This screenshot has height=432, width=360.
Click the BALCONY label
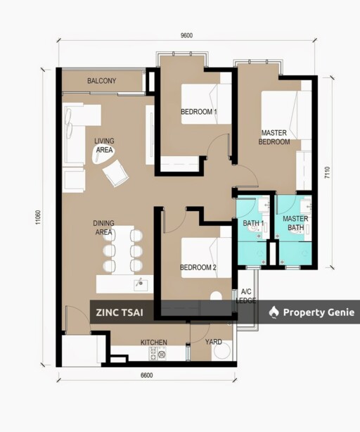[102, 81]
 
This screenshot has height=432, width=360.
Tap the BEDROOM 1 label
[198, 112]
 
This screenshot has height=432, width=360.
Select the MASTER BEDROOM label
[275, 137]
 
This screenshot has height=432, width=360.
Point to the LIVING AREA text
[104, 145]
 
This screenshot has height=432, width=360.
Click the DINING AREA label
[103, 227]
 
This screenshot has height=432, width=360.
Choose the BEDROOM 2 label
[198, 267]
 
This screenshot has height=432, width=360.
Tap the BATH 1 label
[253, 223]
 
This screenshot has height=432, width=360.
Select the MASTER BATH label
[296, 223]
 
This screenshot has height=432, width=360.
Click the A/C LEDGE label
[246, 296]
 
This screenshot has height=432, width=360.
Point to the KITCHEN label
[154, 343]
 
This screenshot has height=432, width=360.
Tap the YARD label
[213, 342]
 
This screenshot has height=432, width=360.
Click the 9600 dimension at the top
[186, 36]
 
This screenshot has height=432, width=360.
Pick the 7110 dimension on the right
[327, 173]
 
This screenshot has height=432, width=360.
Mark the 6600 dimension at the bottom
[146, 376]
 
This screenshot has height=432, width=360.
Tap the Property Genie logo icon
[274, 312]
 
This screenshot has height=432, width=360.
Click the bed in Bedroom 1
[207, 103]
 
